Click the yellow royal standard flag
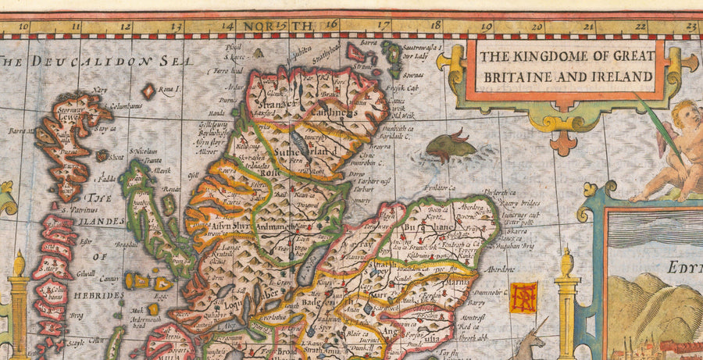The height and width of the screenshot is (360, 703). tap(523, 297)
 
